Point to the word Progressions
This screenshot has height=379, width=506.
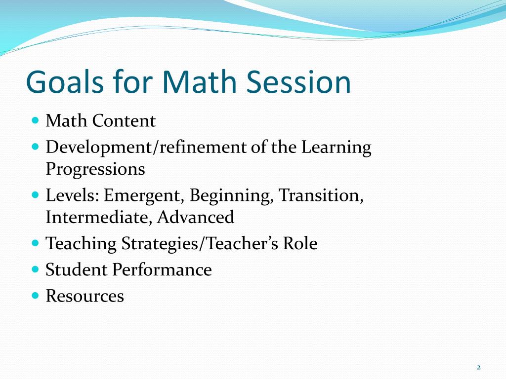tap(95, 169)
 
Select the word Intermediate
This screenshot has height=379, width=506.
tap(99, 217)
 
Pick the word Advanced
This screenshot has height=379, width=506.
tap(196, 217)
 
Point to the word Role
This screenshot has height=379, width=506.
tap(300, 244)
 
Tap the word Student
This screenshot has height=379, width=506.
tap(76, 270)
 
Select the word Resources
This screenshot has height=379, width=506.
tap(84, 296)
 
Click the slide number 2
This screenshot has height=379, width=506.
tap(478, 367)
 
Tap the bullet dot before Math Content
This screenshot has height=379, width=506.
tap(35, 120)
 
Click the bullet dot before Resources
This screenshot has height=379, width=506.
tap(35, 296)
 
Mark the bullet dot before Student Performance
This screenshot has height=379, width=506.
tap(35, 269)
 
